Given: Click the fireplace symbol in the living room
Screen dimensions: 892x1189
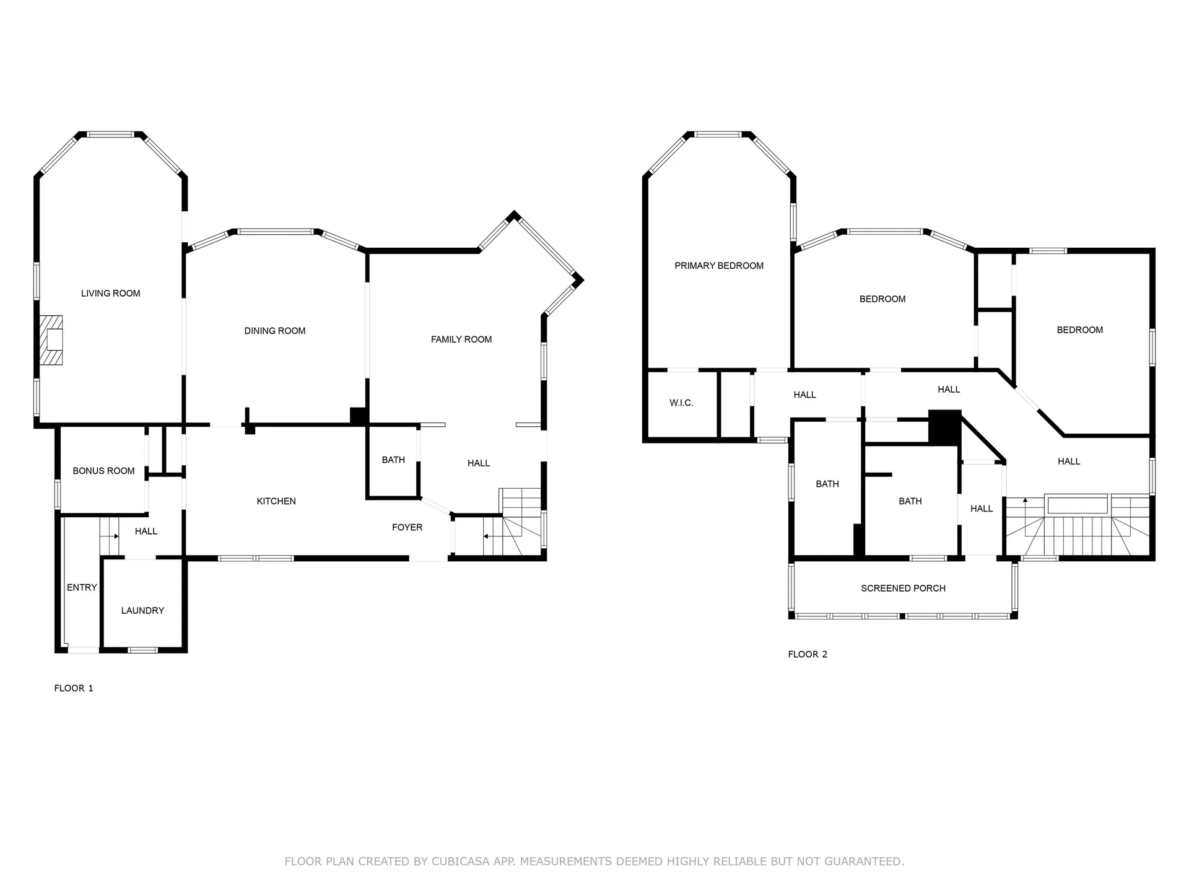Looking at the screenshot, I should [x=52, y=340].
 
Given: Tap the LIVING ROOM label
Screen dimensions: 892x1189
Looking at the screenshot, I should [x=110, y=294].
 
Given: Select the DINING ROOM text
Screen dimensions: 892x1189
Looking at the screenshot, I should [x=274, y=331].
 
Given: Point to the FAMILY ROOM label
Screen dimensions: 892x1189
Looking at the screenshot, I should [x=461, y=339].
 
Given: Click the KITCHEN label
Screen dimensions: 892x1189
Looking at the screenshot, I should [x=276, y=501].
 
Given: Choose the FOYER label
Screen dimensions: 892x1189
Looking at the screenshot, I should [x=407, y=527].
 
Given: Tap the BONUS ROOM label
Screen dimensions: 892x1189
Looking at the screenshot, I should [x=103, y=471].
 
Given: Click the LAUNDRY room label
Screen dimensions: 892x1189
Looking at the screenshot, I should [x=142, y=610].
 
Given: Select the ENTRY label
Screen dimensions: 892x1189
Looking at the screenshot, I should [x=82, y=587].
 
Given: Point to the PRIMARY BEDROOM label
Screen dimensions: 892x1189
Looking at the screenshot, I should [x=718, y=266].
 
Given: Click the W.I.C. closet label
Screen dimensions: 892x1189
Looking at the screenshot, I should [x=681, y=403].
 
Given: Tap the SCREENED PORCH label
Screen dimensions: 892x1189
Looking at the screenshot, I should [x=903, y=588].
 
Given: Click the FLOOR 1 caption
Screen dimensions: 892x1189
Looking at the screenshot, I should [x=74, y=688].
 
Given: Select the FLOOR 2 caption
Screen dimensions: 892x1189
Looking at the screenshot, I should [x=808, y=654].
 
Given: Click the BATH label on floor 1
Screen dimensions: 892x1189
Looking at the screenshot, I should [x=393, y=460].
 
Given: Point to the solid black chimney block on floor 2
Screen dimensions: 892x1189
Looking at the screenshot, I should [x=944, y=427].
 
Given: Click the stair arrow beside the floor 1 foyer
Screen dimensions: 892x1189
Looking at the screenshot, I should [x=489, y=536].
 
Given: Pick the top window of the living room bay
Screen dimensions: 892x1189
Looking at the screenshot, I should [x=110, y=134].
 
